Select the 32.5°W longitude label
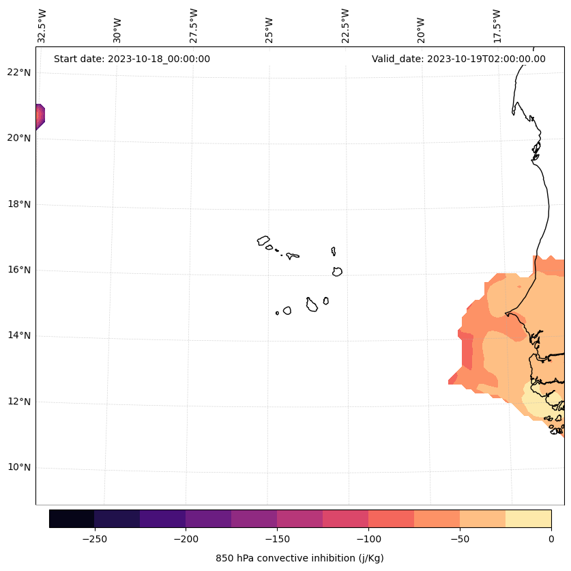(42, 26)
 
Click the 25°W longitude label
(269, 26)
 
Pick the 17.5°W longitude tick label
(497, 26)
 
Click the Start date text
(132, 59)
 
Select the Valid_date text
(458, 59)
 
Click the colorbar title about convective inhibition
(299, 558)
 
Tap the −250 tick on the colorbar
(94, 539)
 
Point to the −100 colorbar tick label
(368, 539)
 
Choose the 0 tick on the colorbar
(551, 539)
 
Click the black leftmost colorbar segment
(72, 518)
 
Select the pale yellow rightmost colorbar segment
(528, 518)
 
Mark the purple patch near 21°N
(40, 117)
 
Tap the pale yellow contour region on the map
(542, 403)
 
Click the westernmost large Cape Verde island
(263, 240)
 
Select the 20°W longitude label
(421, 26)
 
